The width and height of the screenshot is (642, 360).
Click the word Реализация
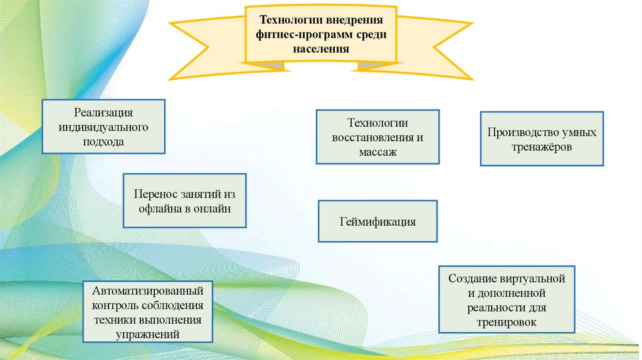point(103,113)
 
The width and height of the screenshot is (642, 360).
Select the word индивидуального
point(103,127)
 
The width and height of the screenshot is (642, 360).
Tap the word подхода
point(103,142)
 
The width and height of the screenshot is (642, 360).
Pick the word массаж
point(378,152)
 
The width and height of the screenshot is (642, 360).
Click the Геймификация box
point(377,221)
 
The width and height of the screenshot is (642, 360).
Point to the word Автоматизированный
point(148,292)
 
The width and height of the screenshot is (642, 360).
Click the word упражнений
point(148,334)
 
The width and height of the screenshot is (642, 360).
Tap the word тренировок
point(507,321)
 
